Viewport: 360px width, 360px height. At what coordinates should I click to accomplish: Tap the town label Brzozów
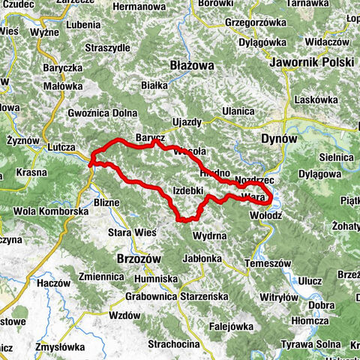[x=139, y=257]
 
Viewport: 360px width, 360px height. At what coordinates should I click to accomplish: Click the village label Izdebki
[x=188, y=190]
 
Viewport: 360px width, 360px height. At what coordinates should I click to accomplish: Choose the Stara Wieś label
[x=133, y=232]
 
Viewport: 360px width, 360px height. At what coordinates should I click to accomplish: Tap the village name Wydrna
[x=209, y=236]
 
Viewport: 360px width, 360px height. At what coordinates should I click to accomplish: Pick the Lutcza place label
[x=61, y=147]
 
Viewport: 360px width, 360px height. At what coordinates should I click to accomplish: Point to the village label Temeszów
[x=268, y=263]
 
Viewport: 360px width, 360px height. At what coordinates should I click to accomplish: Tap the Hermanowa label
[x=138, y=6]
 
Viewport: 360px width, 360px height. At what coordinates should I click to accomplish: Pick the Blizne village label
[x=107, y=202]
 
